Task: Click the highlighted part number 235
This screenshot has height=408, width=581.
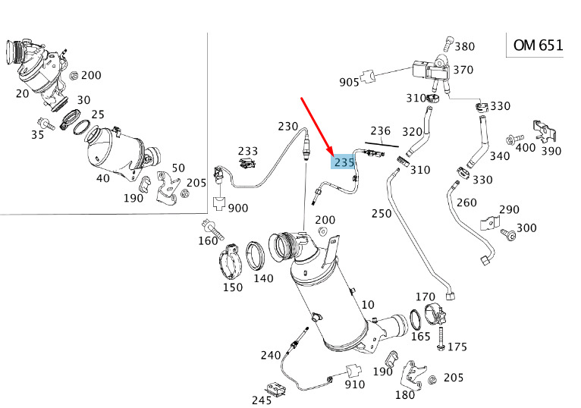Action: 344,162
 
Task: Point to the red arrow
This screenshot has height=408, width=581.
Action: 317,127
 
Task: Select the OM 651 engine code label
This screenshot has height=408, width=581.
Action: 538,46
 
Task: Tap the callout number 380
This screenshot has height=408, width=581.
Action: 465,46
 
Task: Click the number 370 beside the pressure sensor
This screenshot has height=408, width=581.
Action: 463,70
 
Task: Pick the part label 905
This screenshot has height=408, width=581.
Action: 349,82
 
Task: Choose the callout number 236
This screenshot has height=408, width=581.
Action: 381,130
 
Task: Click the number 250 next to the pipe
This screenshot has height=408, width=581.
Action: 382,213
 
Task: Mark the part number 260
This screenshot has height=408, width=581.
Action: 466,202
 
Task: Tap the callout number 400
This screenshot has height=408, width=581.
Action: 526,147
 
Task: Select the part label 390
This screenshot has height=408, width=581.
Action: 551,151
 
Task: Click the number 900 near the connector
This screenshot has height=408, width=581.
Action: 238,208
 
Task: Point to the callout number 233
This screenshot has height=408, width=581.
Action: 248,151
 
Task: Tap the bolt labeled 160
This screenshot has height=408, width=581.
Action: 212,230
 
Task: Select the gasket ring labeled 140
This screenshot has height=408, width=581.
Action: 256,256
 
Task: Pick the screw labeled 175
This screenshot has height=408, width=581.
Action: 441,339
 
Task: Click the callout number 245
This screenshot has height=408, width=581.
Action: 262,400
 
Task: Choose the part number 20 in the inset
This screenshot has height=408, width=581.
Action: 22,93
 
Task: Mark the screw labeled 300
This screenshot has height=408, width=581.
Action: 508,234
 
